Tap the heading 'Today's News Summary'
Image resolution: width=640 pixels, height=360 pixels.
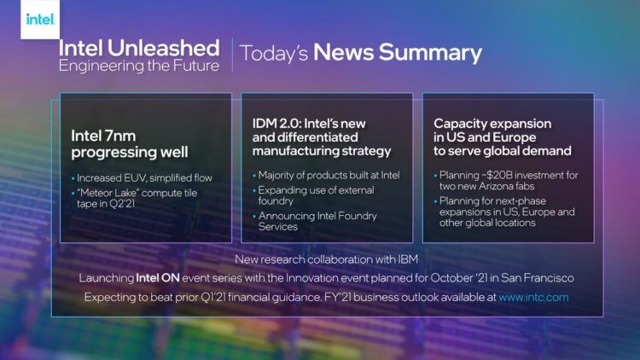pyautogui.click(x=361, y=53)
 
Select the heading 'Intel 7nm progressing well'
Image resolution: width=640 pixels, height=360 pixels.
pyautogui.click(x=130, y=144)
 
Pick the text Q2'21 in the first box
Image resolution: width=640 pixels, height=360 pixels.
pyautogui.click(x=125, y=205)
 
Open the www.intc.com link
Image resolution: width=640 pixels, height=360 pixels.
pyautogui.click(x=533, y=298)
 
